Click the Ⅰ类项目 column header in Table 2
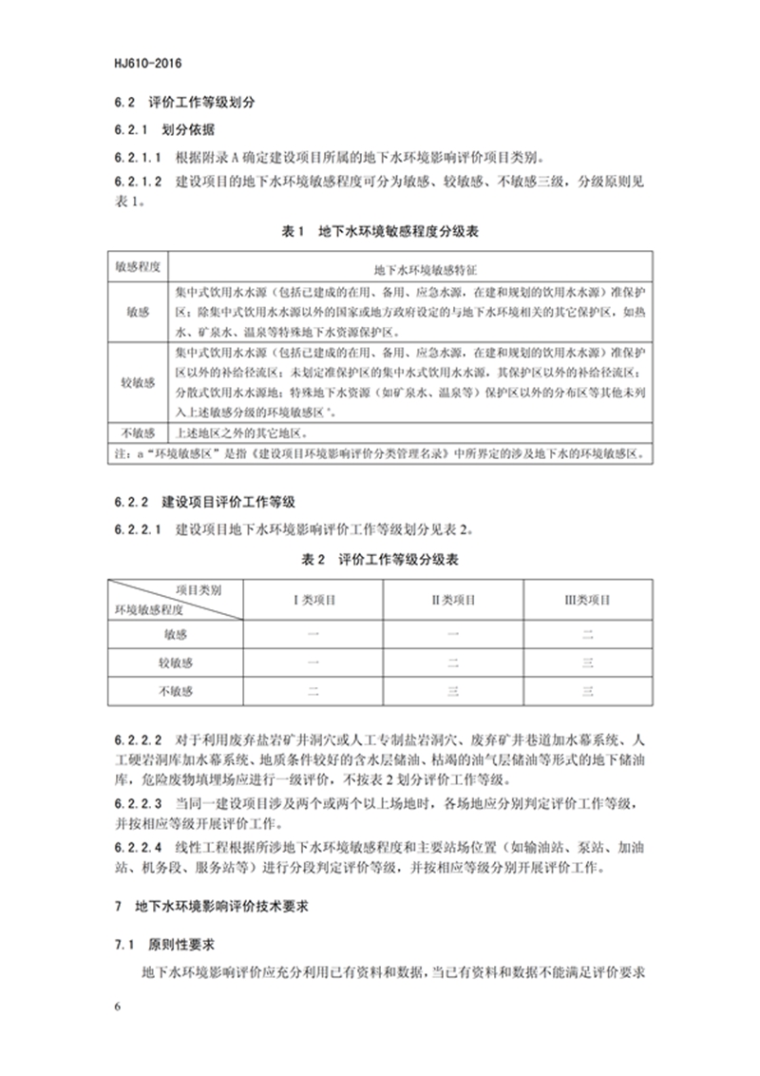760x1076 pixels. [x=313, y=601]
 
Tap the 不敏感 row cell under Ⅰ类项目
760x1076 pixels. [x=313, y=691]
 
